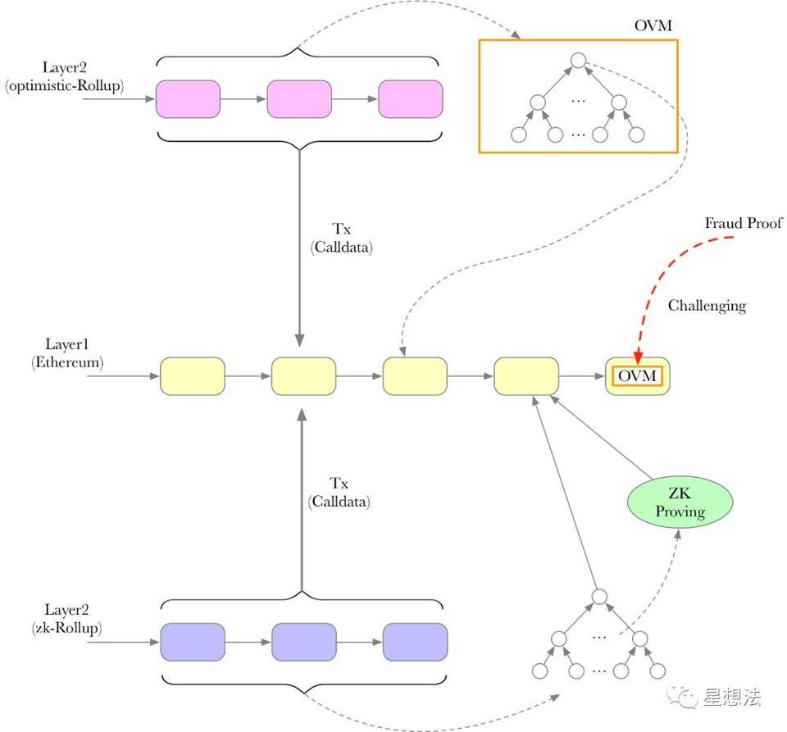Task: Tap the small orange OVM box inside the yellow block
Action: click(x=637, y=376)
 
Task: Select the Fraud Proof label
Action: click(x=744, y=223)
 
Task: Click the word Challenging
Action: click(x=707, y=306)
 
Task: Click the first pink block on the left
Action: click(x=188, y=99)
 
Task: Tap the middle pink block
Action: click(x=299, y=99)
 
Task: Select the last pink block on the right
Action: click(x=410, y=99)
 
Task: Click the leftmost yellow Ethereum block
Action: click(x=192, y=376)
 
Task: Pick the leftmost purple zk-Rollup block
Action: click(x=193, y=642)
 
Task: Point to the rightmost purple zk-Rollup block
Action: click(x=415, y=642)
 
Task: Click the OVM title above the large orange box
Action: click(x=653, y=25)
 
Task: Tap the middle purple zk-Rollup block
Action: click(x=303, y=642)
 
